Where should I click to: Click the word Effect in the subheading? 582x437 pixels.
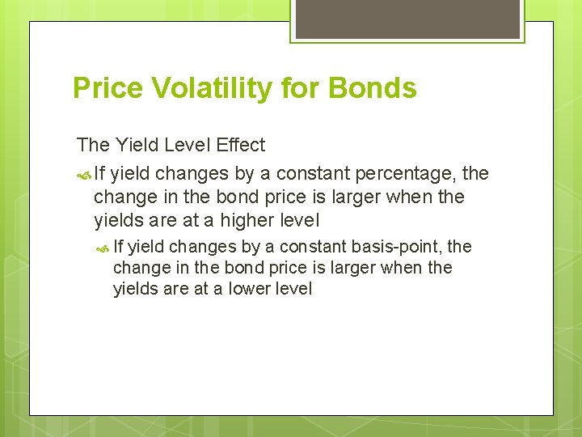click(240, 145)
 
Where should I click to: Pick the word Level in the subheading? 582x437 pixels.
click(188, 145)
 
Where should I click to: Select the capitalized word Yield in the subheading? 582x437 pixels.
click(137, 145)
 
